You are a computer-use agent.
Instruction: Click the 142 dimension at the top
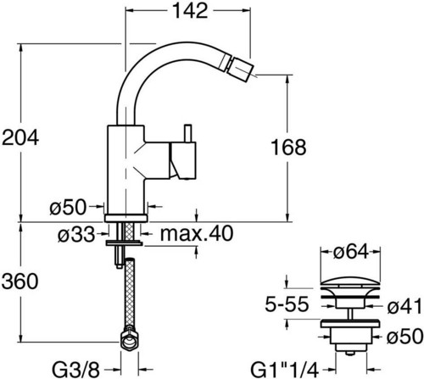(x=190, y=11)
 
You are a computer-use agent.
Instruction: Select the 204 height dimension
(x=20, y=137)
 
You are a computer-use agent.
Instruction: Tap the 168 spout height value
(x=288, y=148)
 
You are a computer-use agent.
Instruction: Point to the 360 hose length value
(x=20, y=281)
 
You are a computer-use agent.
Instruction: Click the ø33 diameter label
(x=76, y=235)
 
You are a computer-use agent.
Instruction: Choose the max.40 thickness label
(x=197, y=233)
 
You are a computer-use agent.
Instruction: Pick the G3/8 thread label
(x=76, y=369)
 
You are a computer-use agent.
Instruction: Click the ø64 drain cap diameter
(x=351, y=252)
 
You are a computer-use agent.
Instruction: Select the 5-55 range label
(x=287, y=304)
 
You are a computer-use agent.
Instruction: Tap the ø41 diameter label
(x=404, y=306)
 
